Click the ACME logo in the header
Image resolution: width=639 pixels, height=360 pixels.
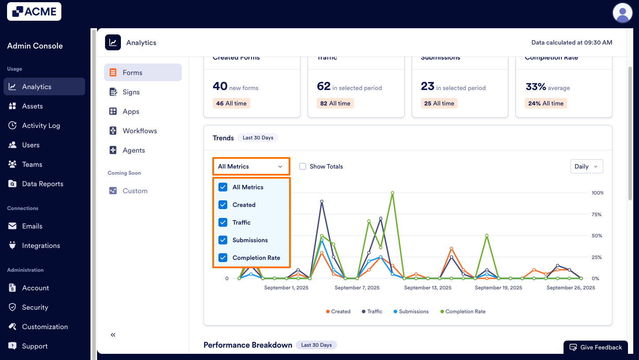(34, 11)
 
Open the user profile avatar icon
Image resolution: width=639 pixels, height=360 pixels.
(622, 12)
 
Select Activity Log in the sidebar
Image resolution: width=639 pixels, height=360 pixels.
(41, 126)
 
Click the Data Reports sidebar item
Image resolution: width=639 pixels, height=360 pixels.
(42, 184)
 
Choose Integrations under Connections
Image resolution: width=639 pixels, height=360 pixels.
(41, 246)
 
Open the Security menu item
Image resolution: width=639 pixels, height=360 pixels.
(35, 307)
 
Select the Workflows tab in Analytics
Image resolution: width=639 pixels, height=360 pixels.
(139, 131)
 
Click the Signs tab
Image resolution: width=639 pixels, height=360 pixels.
(131, 92)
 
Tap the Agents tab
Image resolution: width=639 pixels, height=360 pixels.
(134, 150)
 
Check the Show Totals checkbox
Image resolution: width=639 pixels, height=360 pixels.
(303, 166)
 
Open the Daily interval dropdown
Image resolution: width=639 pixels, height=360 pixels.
(586, 166)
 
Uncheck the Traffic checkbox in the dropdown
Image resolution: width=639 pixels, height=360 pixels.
(223, 222)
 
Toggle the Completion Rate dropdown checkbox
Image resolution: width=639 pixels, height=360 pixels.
(223, 258)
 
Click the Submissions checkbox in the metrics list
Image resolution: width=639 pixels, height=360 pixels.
(223, 240)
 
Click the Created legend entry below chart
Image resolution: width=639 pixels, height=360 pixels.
(338, 311)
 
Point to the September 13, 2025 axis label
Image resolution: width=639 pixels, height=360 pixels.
(428, 288)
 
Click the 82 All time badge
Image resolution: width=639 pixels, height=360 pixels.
(335, 103)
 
